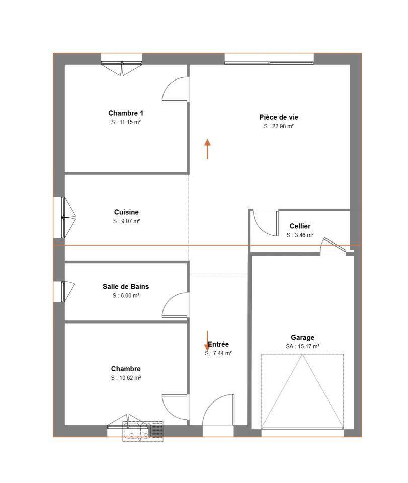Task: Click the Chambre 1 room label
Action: point(126,113)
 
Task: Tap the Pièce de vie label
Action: point(279,117)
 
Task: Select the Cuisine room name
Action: point(126,212)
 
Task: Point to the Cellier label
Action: point(300,226)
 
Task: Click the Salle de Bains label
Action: point(126,286)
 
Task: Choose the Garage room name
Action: point(302,337)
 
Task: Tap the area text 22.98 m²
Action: point(283,126)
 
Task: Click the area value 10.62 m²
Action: point(130,378)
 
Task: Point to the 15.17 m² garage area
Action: point(308,346)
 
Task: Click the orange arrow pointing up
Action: point(208,149)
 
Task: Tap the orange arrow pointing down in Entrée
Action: point(208,341)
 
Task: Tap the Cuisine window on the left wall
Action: point(65,217)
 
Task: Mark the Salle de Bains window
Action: point(64,292)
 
